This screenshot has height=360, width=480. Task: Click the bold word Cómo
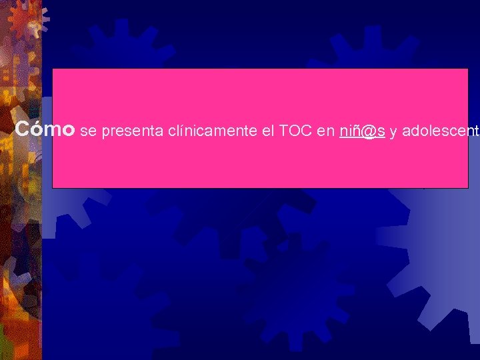44,129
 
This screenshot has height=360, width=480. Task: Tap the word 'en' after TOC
326,131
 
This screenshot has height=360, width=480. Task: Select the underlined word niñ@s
363,131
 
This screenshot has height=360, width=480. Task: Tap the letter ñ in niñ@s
354,131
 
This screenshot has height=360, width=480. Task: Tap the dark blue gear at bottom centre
293,287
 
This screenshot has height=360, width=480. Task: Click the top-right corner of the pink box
467,69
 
